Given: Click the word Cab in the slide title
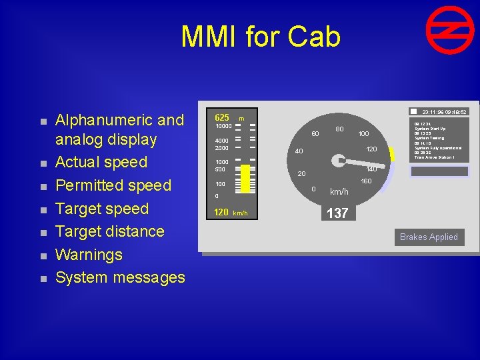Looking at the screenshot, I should point(312,37).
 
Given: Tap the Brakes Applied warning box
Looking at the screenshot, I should point(429,237).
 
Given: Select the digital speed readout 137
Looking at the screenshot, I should point(337,213).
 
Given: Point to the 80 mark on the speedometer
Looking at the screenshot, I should point(339,128).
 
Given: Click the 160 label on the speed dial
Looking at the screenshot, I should point(366,181).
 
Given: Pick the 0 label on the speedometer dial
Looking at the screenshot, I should point(314,189).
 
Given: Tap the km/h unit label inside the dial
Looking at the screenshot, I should point(339,192).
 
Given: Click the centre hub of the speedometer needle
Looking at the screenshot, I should point(341,160).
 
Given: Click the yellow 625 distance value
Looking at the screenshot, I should point(221,117).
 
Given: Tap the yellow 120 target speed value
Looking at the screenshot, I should point(221,213).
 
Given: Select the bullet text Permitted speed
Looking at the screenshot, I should point(113,185).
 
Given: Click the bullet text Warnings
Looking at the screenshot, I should point(89,255).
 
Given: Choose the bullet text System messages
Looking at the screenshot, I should point(120,277).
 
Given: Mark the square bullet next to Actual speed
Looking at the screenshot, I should point(41,163).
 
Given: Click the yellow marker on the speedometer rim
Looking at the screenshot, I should point(393,155).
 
